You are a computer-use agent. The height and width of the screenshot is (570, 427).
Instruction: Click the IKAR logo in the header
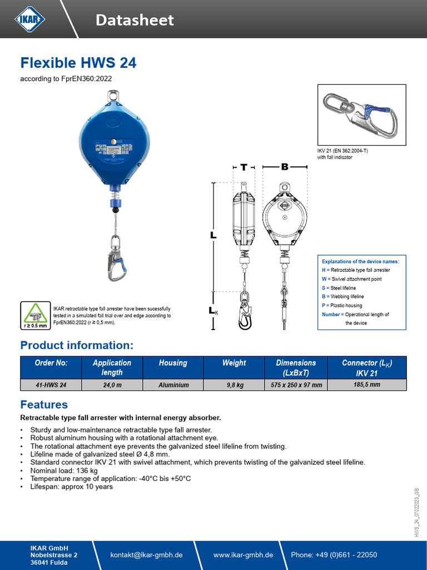click(x=30, y=19)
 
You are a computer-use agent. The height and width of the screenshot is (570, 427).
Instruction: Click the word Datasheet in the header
click(x=135, y=21)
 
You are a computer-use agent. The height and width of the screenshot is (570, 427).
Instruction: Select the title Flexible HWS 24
click(x=78, y=62)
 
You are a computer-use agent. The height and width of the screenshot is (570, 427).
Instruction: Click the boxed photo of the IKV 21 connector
click(x=361, y=115)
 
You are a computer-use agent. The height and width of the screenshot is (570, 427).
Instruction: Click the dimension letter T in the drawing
click(x=244, y=167)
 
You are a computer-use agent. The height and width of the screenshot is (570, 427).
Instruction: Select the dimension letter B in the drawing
click(x=285, y=167)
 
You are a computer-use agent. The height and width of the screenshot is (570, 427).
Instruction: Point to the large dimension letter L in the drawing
click(x=213, y=235)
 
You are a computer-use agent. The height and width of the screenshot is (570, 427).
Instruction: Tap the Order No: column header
click(x=51, y=363)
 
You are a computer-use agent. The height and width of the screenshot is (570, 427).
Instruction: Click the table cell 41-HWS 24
click(x=51, y=385)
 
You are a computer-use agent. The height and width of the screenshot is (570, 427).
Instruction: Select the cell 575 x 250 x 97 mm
click(x=295, y=385)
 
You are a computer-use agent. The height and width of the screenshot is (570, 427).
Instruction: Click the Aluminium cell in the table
click(x=173, y=385)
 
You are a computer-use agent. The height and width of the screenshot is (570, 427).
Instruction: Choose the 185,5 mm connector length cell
click(x=367, y=384)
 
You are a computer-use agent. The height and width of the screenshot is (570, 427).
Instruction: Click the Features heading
click(x=44, y=405)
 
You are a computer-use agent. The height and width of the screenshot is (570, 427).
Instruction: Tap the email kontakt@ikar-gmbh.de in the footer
click(x=147, y=555)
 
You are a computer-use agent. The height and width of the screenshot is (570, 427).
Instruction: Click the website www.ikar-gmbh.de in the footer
click(x=243, y=555)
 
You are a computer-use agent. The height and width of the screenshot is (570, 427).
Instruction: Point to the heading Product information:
click(x=77, y=345)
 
